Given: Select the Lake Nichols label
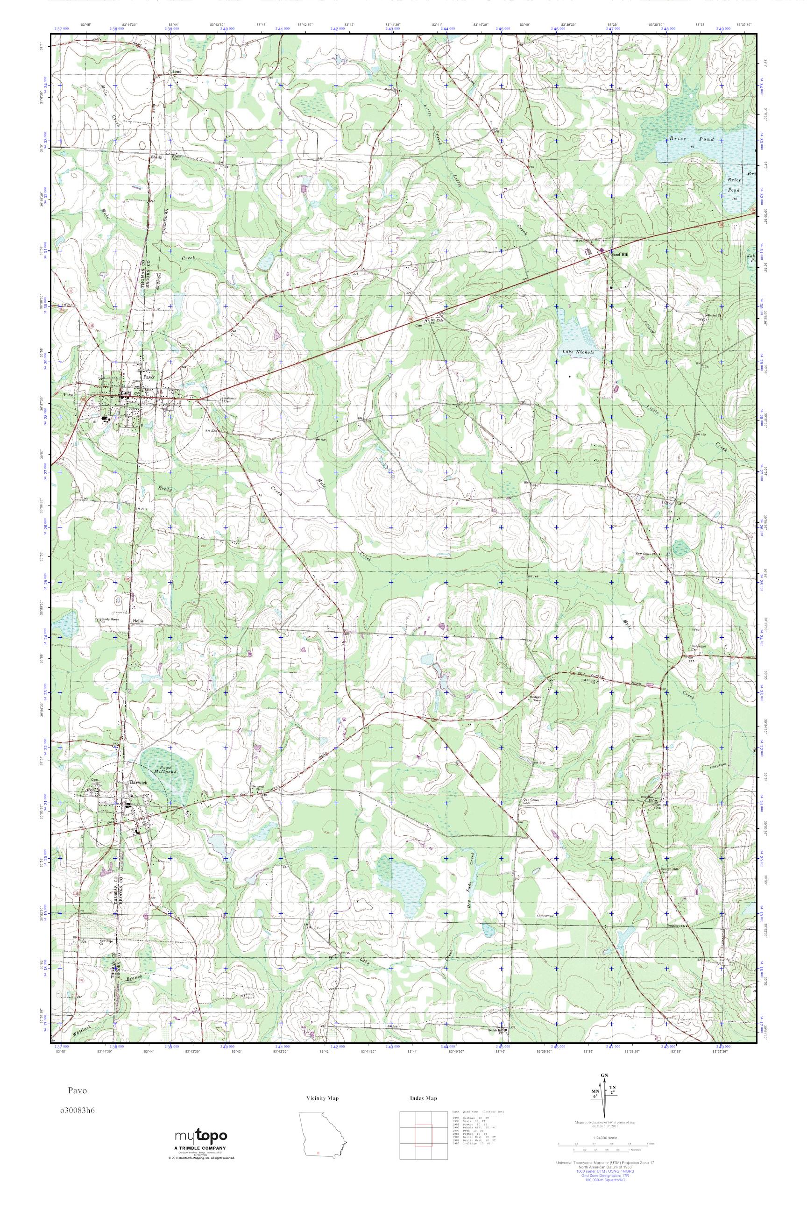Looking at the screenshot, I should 579,353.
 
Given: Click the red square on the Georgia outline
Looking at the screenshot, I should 319,1149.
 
